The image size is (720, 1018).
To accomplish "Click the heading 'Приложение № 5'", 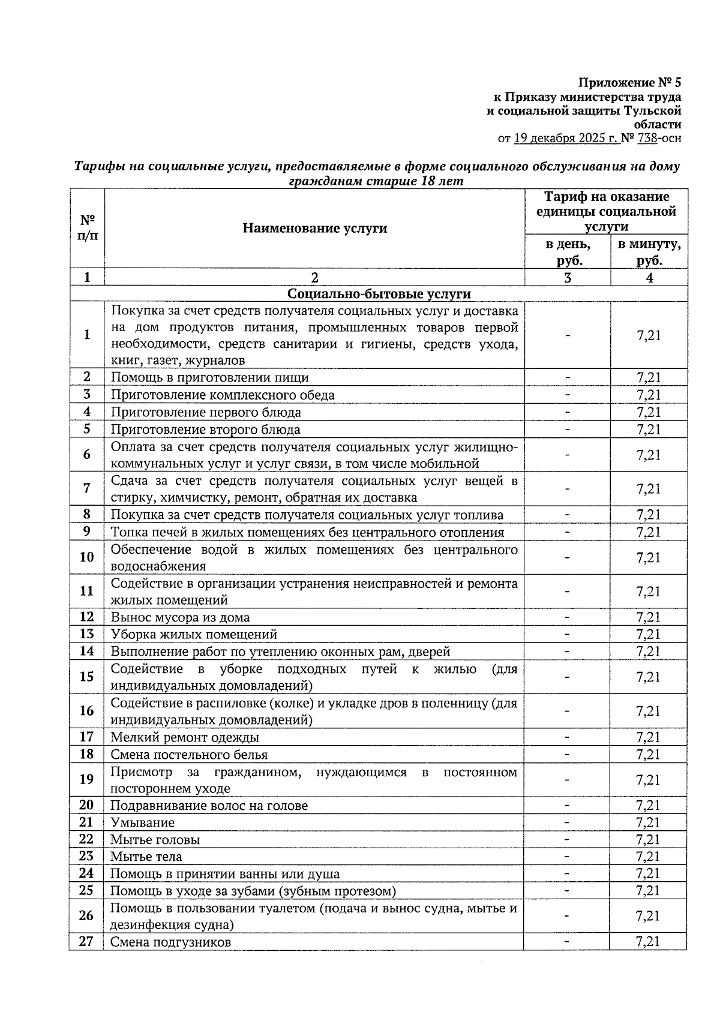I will (630, 82).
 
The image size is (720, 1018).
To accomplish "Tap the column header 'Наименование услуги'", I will (314, 228).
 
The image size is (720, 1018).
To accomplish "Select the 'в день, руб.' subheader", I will (567, 252).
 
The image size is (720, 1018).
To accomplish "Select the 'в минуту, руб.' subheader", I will (649, 252).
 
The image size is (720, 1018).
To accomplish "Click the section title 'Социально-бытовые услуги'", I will (379, 294).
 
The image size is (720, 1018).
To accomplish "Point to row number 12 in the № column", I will (86, 617).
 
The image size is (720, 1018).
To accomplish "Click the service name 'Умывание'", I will (142, 822).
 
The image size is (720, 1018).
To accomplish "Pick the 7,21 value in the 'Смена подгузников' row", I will (648, 942).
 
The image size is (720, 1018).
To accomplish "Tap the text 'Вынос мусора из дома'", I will (180, 617).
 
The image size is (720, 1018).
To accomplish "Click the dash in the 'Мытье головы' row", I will (567, 840).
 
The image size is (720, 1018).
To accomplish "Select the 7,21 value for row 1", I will (649, 335).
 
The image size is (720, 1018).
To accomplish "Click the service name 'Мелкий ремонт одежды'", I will (185, 737).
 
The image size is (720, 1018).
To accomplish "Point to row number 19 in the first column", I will (86, 779).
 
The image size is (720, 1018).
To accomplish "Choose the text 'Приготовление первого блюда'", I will (206, 412).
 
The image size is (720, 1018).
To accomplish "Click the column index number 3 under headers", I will (567, 277).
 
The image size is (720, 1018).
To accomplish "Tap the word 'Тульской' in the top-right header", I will (652, 110).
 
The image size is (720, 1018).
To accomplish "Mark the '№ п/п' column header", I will (87, 228).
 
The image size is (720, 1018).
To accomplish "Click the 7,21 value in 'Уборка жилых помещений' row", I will (648, 634).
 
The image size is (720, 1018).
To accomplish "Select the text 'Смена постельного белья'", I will (189, 755).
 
